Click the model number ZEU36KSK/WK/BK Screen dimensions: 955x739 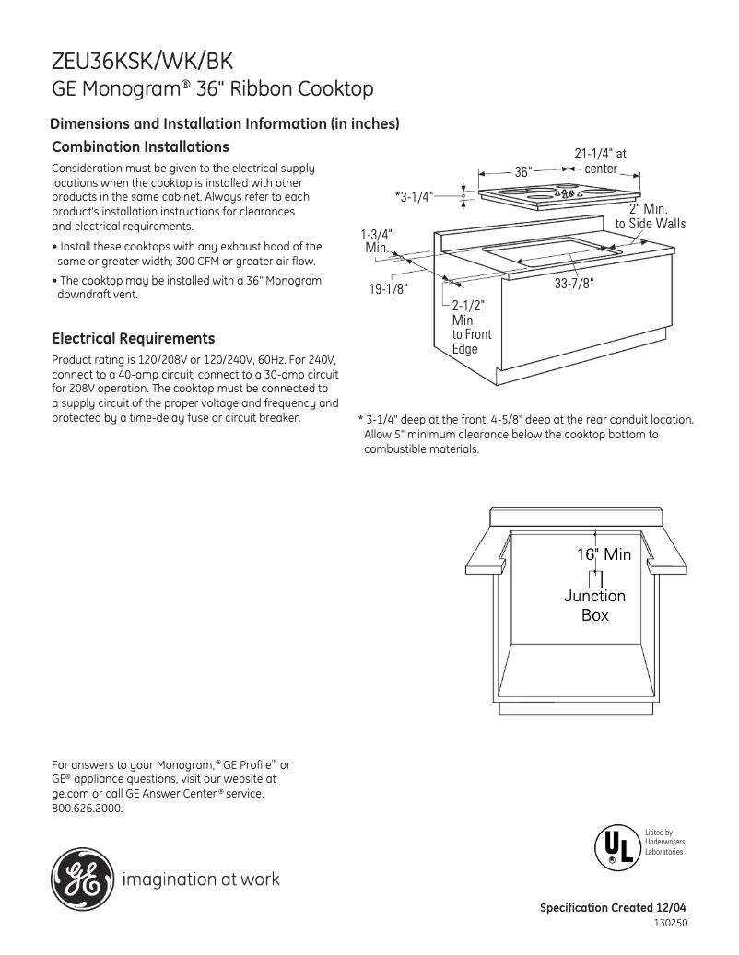click(143, 62)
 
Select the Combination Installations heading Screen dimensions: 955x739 click(140, 147)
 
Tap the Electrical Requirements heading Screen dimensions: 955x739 click(134, 338)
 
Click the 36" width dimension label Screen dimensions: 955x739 click(523, 172)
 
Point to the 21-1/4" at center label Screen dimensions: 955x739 click(599, 162)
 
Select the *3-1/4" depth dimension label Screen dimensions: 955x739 click(413, 196)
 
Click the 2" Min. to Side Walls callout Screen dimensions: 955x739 click(651, 217)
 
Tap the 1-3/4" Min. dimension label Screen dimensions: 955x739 click(376, 241)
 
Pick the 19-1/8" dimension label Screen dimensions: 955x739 click(388, 288)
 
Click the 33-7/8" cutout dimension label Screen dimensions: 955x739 click(573, 285)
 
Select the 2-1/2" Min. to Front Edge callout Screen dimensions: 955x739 click(470, 327)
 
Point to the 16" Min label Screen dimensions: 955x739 click(604, 553)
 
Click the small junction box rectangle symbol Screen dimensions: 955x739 click(595, 578)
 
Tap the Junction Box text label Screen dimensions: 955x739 click(594, 605)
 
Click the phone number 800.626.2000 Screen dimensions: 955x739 click(87, 809)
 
